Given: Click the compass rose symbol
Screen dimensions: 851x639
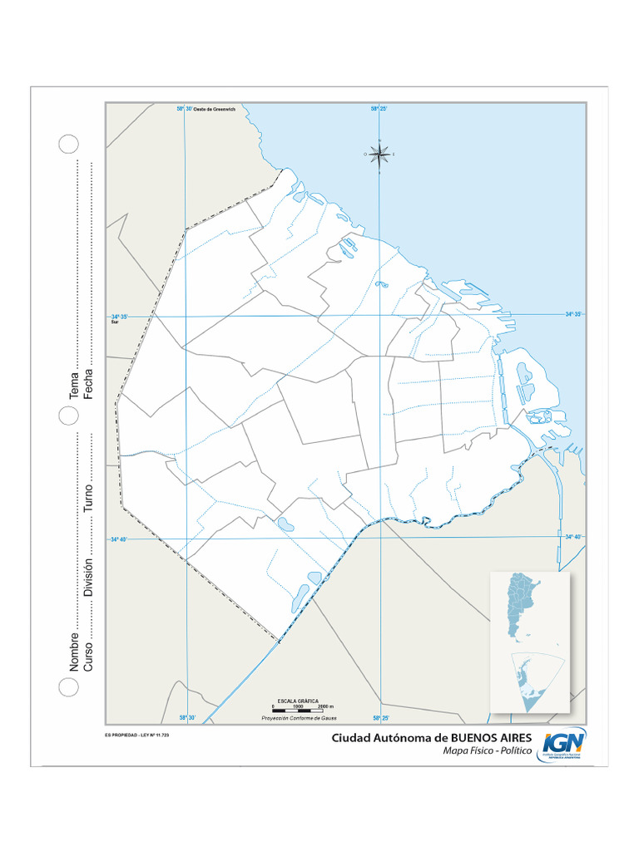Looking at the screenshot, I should (x=379, y=154).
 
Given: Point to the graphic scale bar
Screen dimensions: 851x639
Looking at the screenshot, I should (x=300, y=711).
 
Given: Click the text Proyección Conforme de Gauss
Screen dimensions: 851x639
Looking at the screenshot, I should (x=300, y=717).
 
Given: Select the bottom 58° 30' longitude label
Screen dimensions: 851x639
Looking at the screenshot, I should (x=186, y=718).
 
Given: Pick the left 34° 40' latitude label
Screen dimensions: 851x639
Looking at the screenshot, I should (x=118, y=539).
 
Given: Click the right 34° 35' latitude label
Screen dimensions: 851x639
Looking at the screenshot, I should (x=574, y=314).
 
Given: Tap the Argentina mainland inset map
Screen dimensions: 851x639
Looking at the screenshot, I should (x=523, y=607).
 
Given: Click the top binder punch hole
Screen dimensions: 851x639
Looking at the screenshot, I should (x=68, y=143).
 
